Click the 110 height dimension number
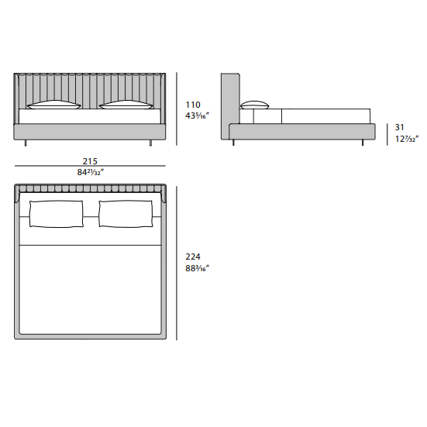(193, 105)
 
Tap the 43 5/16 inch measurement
(197, 115)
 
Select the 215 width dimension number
(90, 161)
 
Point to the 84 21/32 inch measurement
(91, 172)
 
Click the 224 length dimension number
(193, 257)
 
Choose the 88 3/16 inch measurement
(197, 268)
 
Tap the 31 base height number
(400, 127)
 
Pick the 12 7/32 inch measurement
(407, 139)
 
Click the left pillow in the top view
(57, 214)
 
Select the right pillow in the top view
(126, 214)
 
